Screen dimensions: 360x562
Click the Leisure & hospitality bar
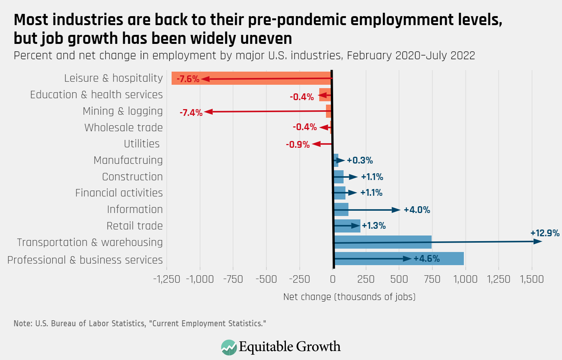tap(251, 78)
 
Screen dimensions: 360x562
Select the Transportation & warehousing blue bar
tap(382, 242)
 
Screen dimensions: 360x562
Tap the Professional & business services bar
tap(399, 258)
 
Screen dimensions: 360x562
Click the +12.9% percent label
tap(545, 233)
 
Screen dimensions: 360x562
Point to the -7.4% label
tap(191, 112)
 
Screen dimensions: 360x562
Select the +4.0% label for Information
tap(417, 210)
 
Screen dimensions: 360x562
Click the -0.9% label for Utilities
tap(297, 144)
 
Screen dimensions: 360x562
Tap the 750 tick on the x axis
tap(432, 279)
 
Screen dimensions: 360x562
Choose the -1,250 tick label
tap(167, 279)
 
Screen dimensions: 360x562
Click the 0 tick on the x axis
tap(333, 279)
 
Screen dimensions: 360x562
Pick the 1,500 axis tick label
tap(532, 279)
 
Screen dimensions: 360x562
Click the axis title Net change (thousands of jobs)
tap(349, 297)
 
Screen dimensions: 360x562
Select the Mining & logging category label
tap(123, 111)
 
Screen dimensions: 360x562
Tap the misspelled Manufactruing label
tap(128, 160)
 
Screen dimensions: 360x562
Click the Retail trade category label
tap(135, 226)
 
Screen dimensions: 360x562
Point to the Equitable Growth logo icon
tap(229, 347)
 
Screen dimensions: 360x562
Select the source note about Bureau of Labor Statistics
tap(140, 323)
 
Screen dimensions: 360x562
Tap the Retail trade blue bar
tap(347, 226)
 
